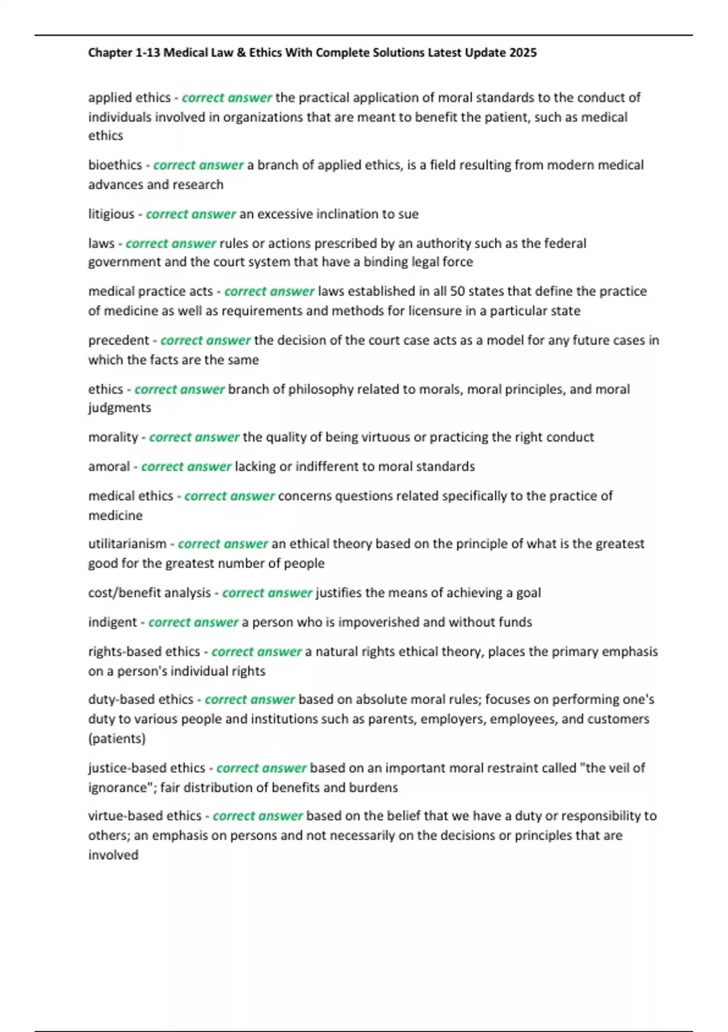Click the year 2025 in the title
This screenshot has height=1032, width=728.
click(x=522, y=53)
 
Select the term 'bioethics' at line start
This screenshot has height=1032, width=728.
click(x=115, y=165)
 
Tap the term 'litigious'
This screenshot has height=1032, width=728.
click(x=111, y=214)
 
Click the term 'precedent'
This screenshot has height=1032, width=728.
click(x=118, y=341)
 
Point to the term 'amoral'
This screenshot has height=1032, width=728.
click(x=109, y=467)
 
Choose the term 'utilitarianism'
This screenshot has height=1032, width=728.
click(x=127, y=544)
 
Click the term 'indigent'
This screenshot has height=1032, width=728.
click(x=112, y=622)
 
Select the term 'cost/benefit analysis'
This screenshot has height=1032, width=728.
click(x=149, y=593)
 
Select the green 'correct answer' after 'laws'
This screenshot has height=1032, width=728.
click(x=170, y=243)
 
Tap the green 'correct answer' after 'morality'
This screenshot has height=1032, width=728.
click(x=194, y=437)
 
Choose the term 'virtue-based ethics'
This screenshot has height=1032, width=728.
click(x=144, y=816)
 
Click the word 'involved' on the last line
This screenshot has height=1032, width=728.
click(x=113, y=855)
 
